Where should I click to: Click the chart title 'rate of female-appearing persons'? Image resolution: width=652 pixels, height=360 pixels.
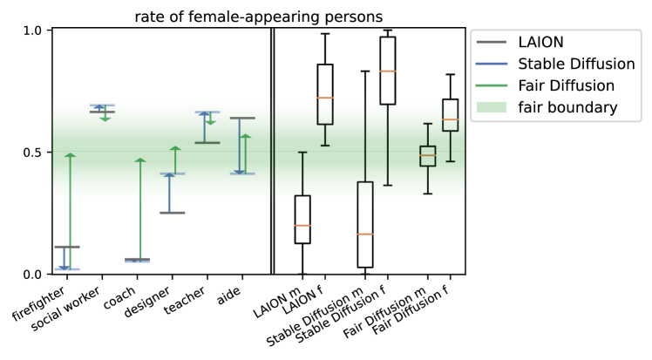coord(259,15)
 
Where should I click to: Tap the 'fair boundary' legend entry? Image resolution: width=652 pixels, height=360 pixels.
coord(558,108)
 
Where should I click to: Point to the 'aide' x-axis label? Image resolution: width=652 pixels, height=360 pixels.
coord(228,290)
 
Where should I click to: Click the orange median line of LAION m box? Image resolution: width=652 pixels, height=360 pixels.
coord(302,226)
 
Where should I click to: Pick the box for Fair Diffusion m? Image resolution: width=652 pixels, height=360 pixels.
coord(427,156)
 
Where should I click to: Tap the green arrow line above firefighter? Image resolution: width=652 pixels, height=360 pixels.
coord(68,209)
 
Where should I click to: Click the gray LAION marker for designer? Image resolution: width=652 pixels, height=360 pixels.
coord(172,213)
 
